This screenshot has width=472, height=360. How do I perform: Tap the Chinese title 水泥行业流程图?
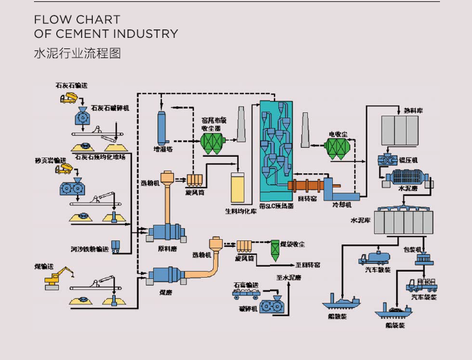[x=77, y=53]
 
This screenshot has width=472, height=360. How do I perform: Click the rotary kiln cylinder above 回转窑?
[x=311, y=186]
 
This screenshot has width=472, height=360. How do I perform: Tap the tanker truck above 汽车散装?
[x=375, y=258]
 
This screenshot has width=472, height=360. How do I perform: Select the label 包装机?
[x=413, y=249]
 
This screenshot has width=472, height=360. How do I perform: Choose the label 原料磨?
[x=167, y=249]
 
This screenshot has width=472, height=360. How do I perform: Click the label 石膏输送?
[x=246, y=285]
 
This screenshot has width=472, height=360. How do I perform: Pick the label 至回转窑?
[x=307, y=265]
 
